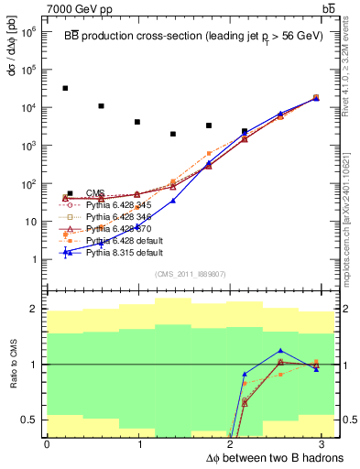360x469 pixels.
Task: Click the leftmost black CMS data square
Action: pyautogui.click(x=65, y=88)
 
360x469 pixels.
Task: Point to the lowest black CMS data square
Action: pyautogui.click(x=172, y=134)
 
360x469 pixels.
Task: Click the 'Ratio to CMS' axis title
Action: pyautogui.click(x=12, y=365)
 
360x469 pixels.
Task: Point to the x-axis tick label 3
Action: pyautogui.click(x=325, y=444)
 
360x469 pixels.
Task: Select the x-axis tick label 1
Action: pyautogui.click(x=138, y=444)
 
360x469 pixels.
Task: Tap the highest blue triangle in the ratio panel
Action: pyautogui.click(x=280, y=351)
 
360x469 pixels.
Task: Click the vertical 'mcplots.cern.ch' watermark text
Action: pyautogui.click(x=350, y=211)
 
